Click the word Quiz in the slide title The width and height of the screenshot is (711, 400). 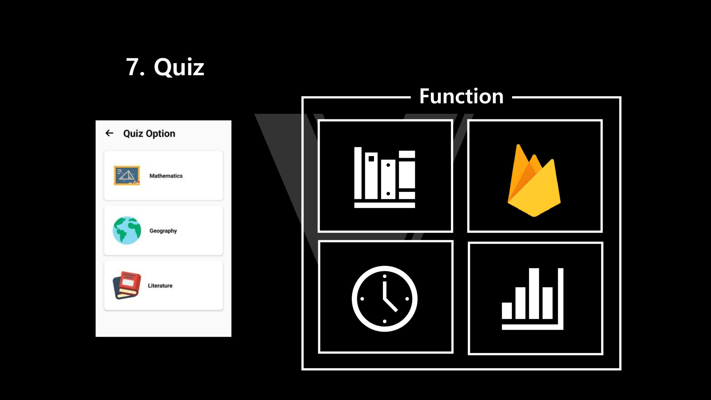tap(179, 67)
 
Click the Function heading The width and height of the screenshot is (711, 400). tap(461, 96)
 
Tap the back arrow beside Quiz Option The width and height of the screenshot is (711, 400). tap(109, 133)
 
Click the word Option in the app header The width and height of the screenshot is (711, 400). tap(161, 134)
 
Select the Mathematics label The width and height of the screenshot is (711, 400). tap(166, 176)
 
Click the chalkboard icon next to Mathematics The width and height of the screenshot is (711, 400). tap(127, 176)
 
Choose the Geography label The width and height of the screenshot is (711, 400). tap(163, 231)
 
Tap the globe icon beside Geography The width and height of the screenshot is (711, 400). tap(127, 231)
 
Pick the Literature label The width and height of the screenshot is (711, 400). tap(160, 286)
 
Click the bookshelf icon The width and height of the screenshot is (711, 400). tap(385, 177)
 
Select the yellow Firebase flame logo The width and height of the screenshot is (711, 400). tap(534, 180)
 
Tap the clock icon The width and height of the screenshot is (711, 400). tap(385, 299)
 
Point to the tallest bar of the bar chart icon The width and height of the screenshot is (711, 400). tap(534, 294)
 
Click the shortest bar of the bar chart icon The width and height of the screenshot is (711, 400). tap(507, 311)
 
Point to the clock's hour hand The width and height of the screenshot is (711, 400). tap(390, 305)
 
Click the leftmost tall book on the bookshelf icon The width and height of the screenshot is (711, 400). tap(358, 173)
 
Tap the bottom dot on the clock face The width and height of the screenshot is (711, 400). tap(385, 321)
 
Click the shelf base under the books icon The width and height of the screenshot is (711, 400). tap(385, 205)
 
